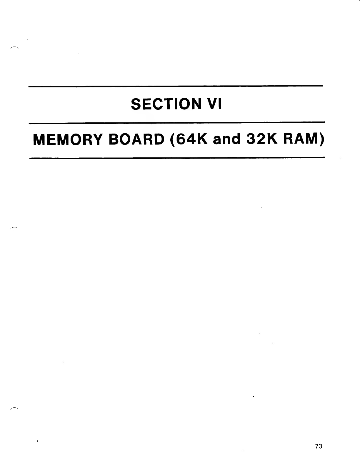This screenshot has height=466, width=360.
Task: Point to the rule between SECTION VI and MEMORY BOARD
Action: [176, 122]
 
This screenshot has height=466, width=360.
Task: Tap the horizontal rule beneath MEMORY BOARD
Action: [176, 158]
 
